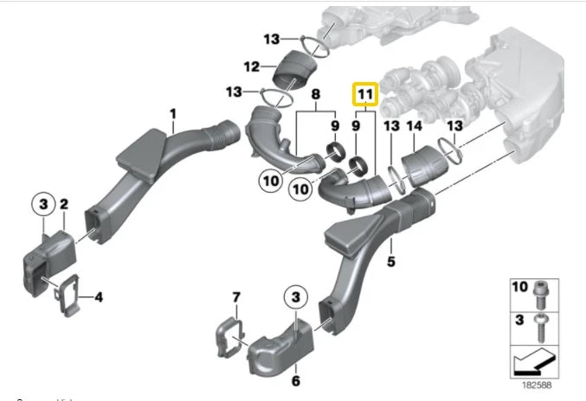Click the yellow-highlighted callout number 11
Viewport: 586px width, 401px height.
[x=364, y=93]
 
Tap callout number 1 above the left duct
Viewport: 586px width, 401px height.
[x=172, y=113]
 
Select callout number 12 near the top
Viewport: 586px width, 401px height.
[x=252, y=66]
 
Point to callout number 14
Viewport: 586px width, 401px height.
[x=415, y=127]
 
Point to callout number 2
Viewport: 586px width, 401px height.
[x=63, y=205]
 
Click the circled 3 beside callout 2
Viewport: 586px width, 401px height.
[x=41, y=205]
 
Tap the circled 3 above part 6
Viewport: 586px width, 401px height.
[x=296, y=297]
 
